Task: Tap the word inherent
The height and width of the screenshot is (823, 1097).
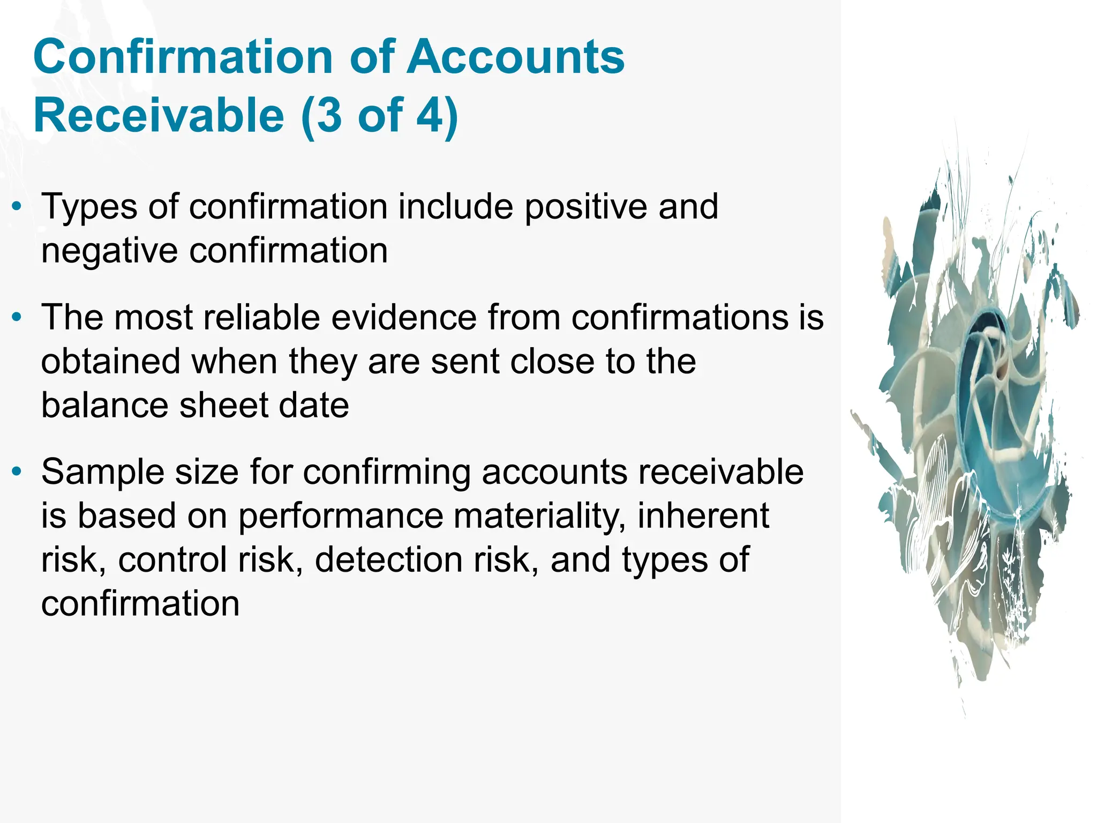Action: point(703,516)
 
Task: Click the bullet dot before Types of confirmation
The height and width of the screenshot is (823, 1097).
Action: point(18,206)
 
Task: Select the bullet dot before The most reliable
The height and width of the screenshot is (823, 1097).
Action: point(18,317)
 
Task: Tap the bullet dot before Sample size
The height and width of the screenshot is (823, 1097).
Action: point(18,472)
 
